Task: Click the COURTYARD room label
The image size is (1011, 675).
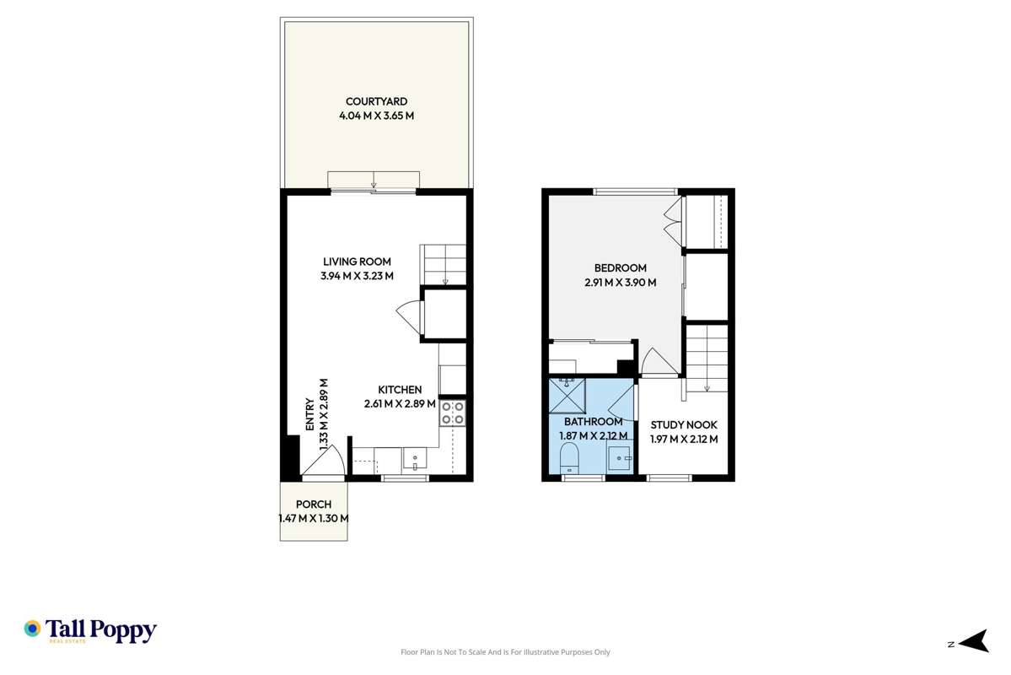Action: pos(376,102)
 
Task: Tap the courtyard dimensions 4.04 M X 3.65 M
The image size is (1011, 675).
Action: pos(376,116)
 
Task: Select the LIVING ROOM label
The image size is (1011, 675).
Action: pos(357,262)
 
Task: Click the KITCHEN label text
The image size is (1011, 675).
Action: pos(400,390)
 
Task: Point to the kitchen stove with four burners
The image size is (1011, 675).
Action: pos(452,413)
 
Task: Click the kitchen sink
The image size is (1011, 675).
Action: pos(415,460)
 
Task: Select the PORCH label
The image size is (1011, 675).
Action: pos(313,505)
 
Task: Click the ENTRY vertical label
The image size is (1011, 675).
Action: pos(309,415)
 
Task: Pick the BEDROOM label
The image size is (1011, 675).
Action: pos(620,268)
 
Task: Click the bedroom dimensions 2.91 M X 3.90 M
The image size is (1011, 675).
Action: pos(620,283)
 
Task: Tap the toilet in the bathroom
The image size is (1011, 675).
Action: pos(569,461)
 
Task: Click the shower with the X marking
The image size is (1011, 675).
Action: pos(567,395)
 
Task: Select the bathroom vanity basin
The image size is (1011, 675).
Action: pos(620,459)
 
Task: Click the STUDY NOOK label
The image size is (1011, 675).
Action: pos(684,425)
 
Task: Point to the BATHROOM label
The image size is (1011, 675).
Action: pos(593,422)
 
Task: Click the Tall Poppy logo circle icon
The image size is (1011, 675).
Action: pos(32,629)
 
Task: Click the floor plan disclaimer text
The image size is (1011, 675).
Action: pos(504,652)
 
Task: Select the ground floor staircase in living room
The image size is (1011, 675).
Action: pos(444,264)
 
